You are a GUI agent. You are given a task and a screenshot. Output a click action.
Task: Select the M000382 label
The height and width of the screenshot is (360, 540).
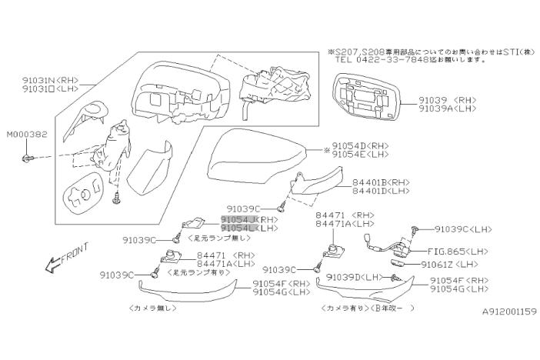[x=27, y=134]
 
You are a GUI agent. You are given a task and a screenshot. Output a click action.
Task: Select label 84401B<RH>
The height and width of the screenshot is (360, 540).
[x=361, y=183]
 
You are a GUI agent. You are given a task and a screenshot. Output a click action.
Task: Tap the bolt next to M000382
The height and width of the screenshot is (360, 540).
[x=28, y=158]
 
